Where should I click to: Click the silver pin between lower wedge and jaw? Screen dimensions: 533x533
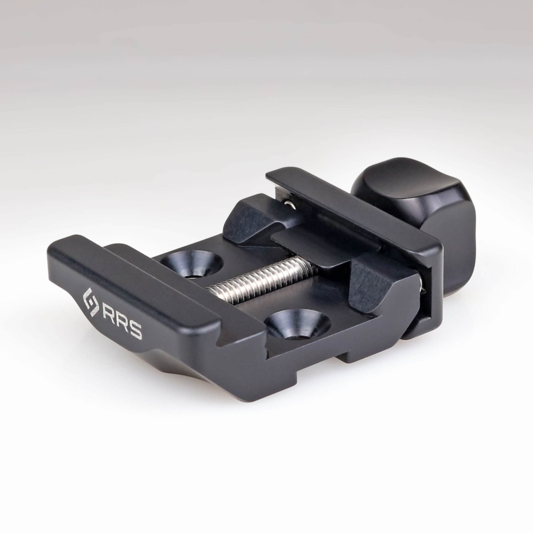(x=423, y=286)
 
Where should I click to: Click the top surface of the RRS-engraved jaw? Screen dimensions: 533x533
(x=133, y=280)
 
